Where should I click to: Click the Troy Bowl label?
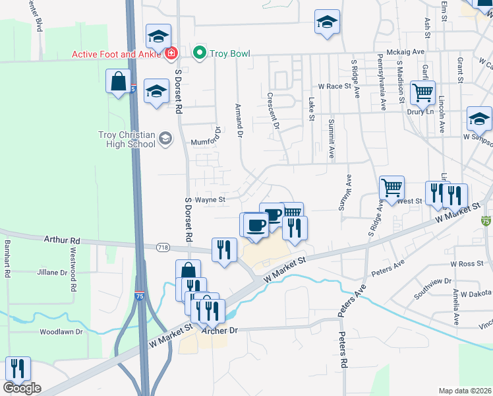[230, 53]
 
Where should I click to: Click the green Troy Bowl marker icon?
[199, 52]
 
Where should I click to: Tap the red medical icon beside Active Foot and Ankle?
[171, 53]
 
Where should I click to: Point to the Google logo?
[22, 388]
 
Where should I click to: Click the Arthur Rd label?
[62, 241]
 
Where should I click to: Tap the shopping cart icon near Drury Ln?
[422, 92]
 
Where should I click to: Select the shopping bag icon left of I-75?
[118, 82]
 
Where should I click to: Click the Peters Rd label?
[342, 350]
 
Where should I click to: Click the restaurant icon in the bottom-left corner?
[17, 368]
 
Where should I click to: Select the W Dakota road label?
[477, 294]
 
